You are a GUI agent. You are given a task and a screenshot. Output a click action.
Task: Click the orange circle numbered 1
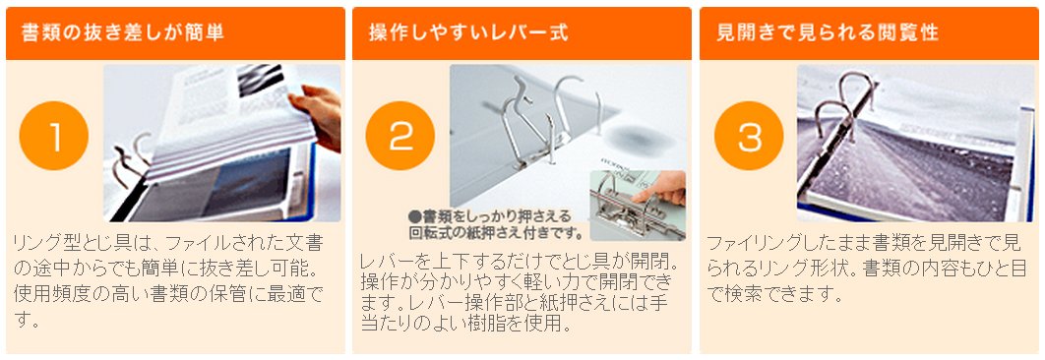coord(54,136)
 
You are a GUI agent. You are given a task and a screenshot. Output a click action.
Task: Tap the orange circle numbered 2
coord(400,136)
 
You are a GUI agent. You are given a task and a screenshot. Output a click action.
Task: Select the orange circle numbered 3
coord(749,136)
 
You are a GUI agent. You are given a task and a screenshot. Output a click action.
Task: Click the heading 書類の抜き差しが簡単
coord(123,33)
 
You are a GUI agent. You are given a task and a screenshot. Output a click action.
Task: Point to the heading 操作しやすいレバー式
coord(468,33)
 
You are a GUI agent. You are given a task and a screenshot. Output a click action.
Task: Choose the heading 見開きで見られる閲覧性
coord(828,33)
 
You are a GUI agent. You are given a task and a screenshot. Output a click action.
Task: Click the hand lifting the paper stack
coord(316,117)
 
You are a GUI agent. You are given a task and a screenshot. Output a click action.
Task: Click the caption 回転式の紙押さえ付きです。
coord(497,233)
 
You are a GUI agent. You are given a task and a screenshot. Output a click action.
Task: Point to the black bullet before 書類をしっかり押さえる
coord(414,216)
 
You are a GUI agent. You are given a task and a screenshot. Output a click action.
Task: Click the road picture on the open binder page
coord(906,163)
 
